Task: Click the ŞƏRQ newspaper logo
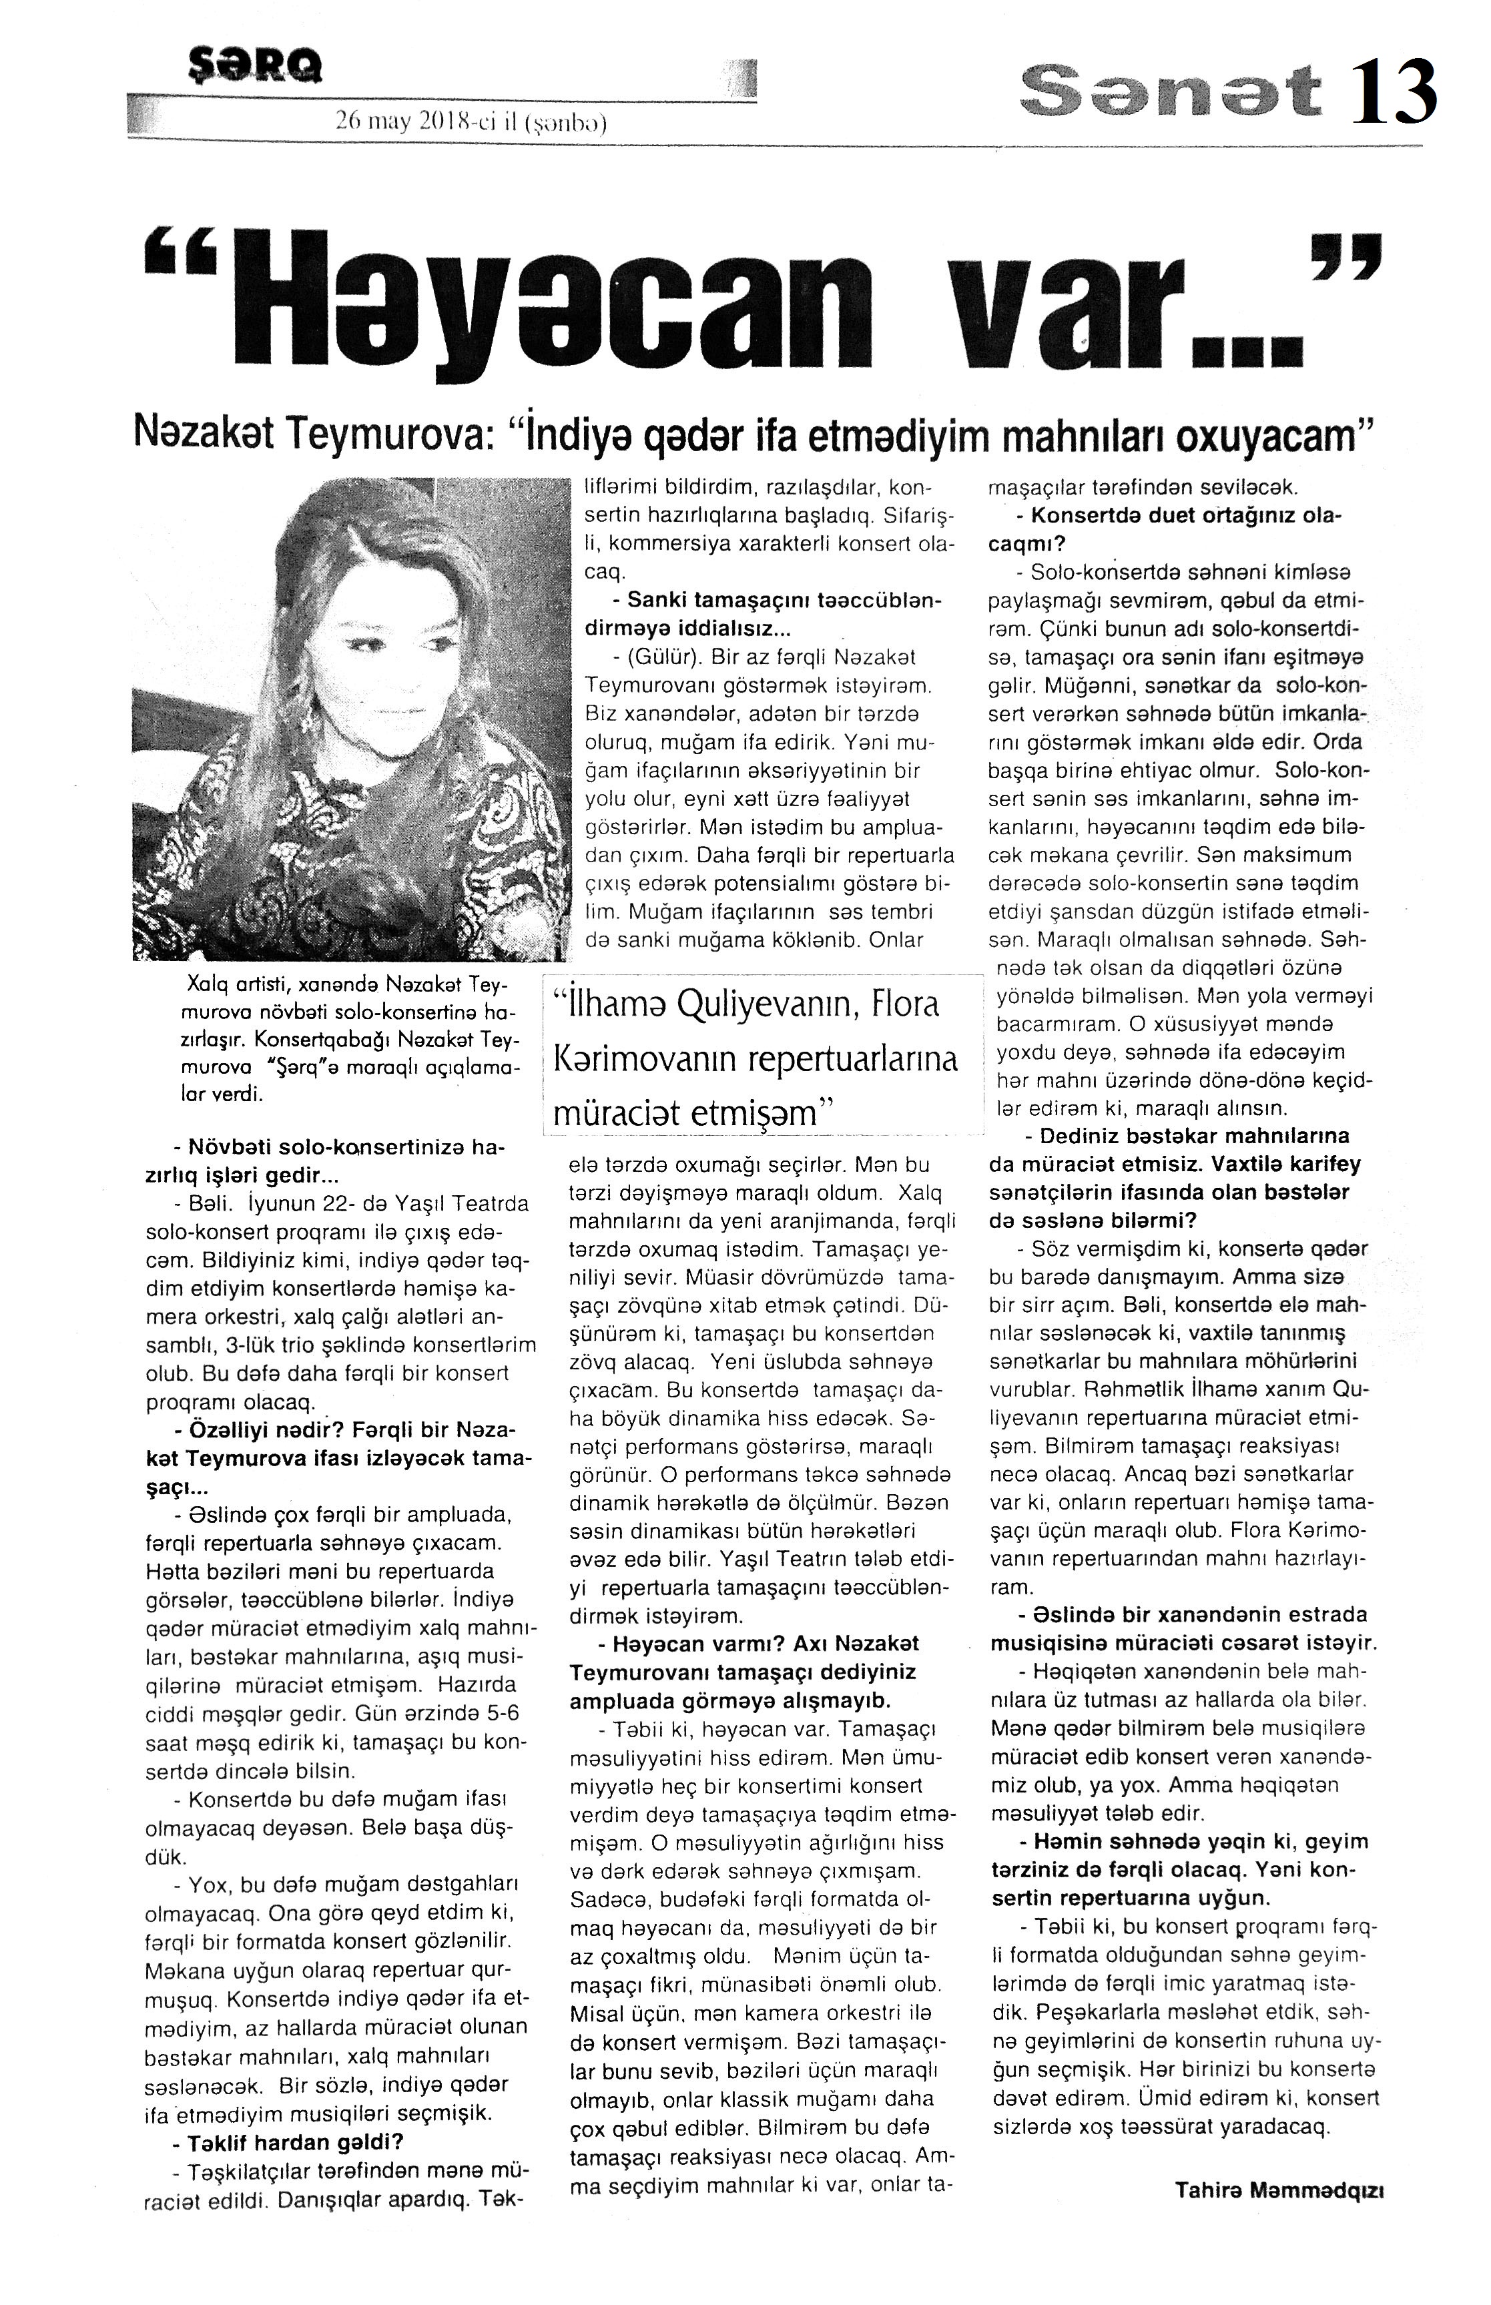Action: point(256,66)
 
